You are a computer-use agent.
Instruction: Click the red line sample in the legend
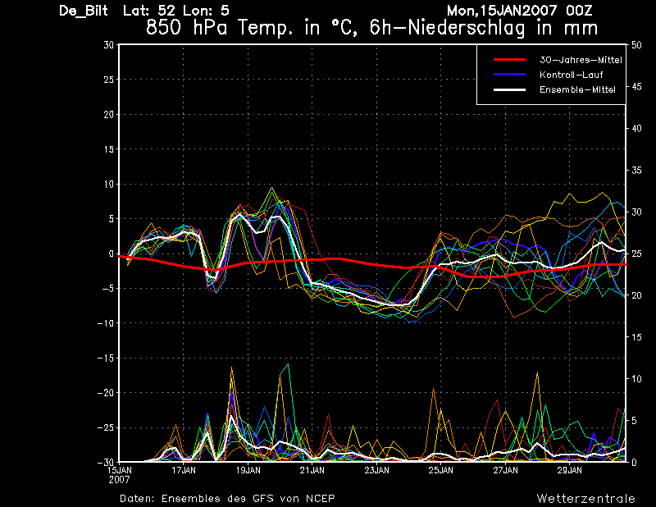[508, 60]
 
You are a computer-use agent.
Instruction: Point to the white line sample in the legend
[508, 89]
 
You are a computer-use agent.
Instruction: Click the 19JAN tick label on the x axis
[248, 471]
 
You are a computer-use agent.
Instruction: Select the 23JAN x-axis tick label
[376, 471]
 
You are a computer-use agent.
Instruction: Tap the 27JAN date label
[505, 471]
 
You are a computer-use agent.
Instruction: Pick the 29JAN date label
[569, 471]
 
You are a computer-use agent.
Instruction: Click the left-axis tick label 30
[108, 45]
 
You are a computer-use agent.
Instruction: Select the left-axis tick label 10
[108, 185]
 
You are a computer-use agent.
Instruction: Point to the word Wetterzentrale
[585, 498]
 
